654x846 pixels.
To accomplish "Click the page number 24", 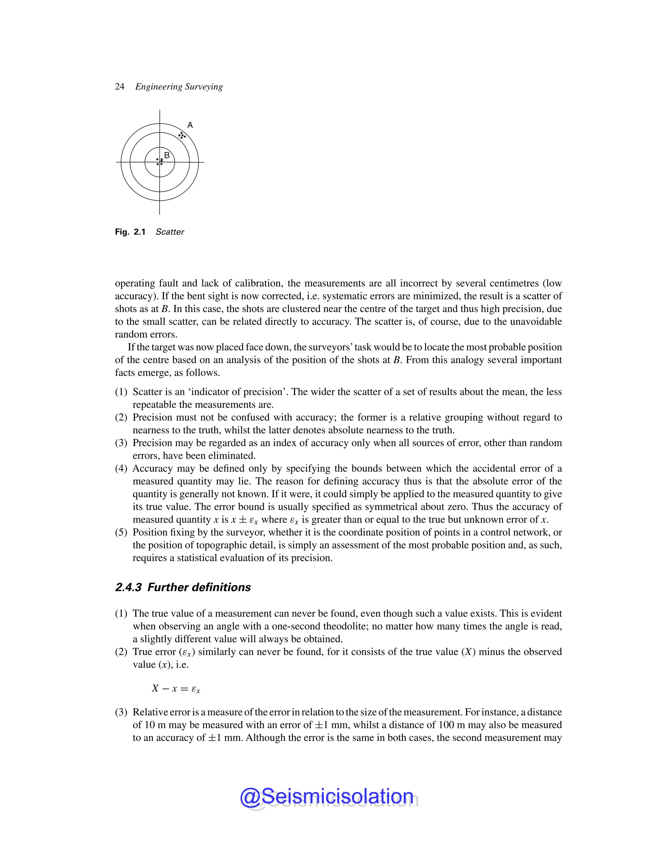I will click(x=119, y=87).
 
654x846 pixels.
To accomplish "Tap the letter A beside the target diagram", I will click(x=190, y=125).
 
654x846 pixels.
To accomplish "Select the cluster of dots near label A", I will click(x=182, y=135).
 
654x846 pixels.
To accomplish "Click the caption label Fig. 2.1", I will click(x=130, y=232).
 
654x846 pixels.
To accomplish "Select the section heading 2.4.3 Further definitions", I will click(x=183, y=587).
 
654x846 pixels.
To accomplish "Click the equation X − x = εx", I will click(x=176, y=688).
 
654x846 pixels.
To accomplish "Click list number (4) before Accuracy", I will click(x=121, y=468).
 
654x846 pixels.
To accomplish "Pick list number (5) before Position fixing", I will click(x=121, y=532).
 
